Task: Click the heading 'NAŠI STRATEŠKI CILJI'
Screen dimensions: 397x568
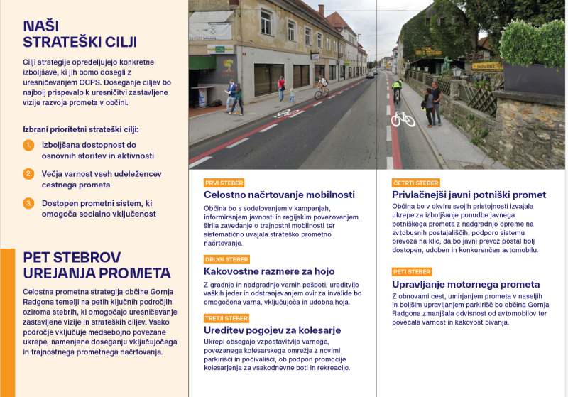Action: coord(80,33)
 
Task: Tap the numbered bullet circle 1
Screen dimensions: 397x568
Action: coord(28,146)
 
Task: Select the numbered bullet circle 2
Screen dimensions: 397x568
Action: coord(28,174)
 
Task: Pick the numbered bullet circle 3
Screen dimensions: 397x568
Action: coord(28,203)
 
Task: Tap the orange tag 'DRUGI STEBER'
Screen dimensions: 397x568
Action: coord(226,259)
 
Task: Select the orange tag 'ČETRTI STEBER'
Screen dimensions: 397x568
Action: coord(416,183)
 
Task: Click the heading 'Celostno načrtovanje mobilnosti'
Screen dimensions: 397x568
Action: coord(279,195)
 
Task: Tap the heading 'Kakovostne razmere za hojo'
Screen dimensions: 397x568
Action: coord(269,271)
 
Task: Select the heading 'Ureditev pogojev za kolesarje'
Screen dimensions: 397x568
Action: coord(273,330)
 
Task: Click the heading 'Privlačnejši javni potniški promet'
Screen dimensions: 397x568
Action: coord(469,195)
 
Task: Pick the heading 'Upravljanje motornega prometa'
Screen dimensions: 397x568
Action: coord(466,284)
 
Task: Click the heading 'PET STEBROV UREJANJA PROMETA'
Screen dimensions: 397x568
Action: coord(97,265)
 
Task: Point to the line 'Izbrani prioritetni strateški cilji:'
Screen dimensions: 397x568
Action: coord(80,129)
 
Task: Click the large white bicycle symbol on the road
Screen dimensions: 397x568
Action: coord(403,119)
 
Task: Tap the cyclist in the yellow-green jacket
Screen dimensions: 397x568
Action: coord(397,89)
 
